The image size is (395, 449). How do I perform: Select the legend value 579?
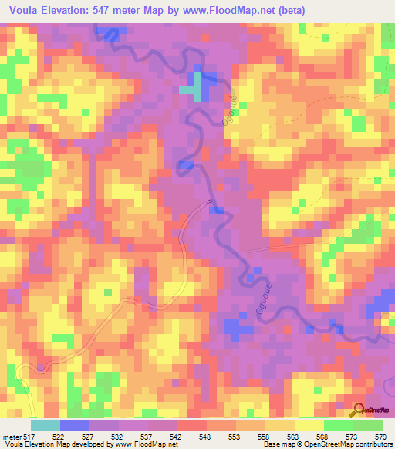pos(380,437)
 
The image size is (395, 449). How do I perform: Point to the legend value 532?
pos(118,437)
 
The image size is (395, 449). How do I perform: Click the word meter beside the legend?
pos(12,437)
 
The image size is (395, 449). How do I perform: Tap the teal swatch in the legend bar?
pos(46,425)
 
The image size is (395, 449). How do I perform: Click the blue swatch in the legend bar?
pos(75,425)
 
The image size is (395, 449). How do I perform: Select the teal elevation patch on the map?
pos(187,90)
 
